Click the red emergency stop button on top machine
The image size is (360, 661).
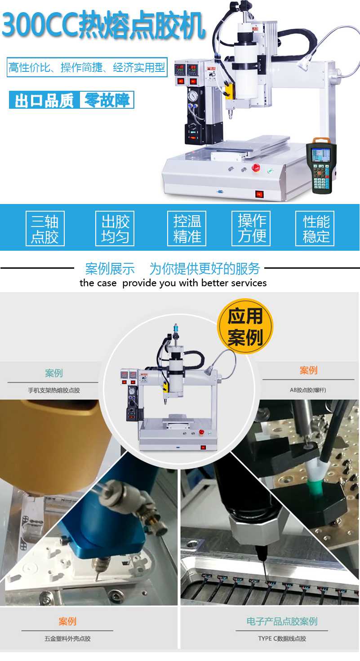click(x=256, y=168)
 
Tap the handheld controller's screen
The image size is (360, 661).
click(x=320, y=155)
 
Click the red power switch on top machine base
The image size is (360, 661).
click(x=259, y=194)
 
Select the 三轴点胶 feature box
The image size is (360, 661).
click(x=45, y=228)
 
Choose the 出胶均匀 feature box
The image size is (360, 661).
click(x=115, y=228)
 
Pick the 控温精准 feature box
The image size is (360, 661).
click(x=187, y=228)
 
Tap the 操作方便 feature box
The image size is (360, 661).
click(x=251, y=228)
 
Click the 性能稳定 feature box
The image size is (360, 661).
click(x=315, y=228)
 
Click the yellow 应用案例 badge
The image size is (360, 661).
click(x=245, y=326)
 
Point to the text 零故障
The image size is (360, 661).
click(x=107, y=100)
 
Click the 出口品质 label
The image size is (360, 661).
click(x=44, y=100)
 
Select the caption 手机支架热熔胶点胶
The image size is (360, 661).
click(x=54, y=390)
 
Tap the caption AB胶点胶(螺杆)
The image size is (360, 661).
click(x=308, y=390)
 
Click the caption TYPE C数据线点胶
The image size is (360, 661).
click(x=282, y=639)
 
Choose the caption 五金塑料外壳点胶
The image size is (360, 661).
click(x=67, y=639)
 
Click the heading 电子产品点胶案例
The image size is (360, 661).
click(x=282, y=621)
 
